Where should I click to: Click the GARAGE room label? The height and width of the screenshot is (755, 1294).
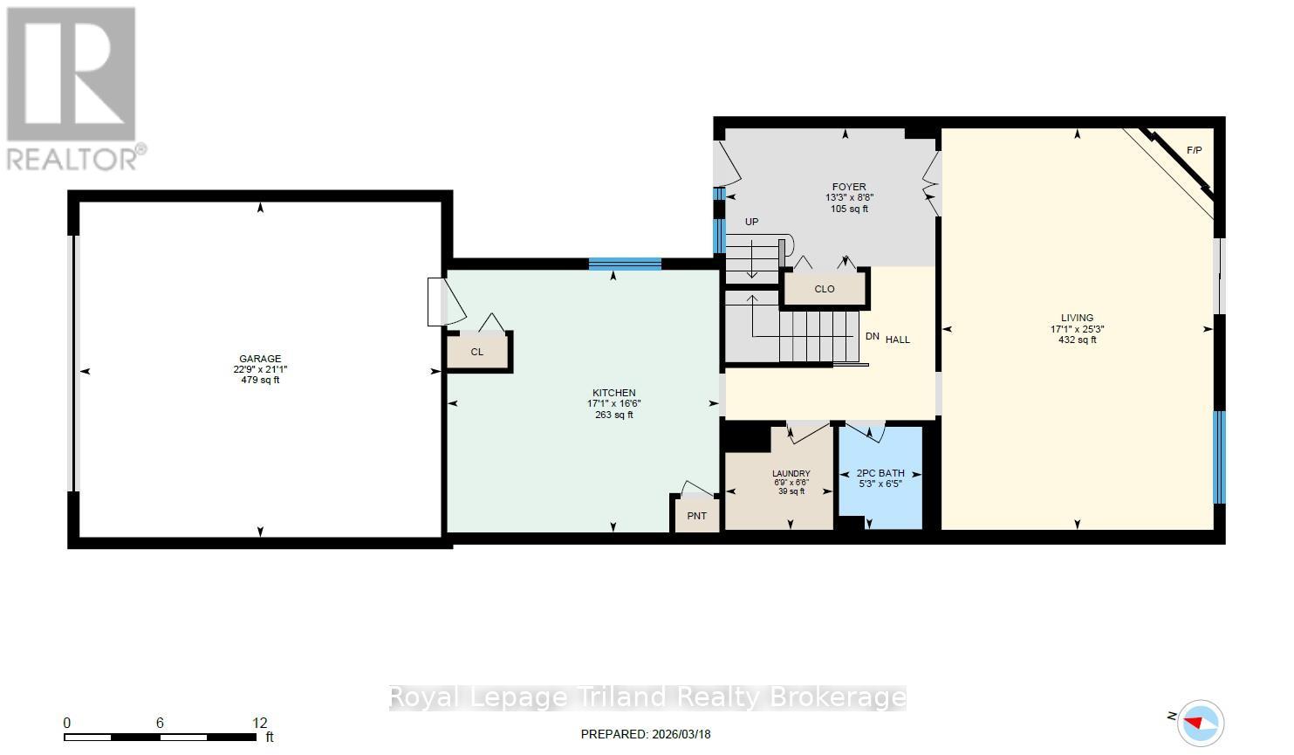(260, 359)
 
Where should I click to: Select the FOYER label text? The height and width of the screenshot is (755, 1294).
(848, 187)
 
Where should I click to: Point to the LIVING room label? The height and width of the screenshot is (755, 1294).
(1077, 318)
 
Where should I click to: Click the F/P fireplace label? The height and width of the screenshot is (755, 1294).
(1194, 151)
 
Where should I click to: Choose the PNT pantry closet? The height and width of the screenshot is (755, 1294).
(696, 516)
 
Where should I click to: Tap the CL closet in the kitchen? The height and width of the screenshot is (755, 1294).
(477, 352)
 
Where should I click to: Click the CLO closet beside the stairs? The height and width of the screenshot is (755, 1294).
(824, 289)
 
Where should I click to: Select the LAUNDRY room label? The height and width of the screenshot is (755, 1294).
(791, 474)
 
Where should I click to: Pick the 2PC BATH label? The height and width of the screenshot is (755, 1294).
(880, 473)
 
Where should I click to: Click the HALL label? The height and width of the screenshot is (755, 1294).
(898, 340)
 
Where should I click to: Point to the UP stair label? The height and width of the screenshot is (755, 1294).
(751, 223)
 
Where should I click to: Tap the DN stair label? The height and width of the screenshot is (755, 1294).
(872, 337)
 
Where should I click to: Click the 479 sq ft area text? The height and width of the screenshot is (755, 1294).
(260, 381)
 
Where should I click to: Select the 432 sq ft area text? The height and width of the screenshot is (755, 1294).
(1077, 340)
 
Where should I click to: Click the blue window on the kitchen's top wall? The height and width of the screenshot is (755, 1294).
(625, 264)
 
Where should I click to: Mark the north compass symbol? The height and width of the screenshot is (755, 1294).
(1201, 723)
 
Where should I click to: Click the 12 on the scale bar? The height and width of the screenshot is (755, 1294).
(260, 723)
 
